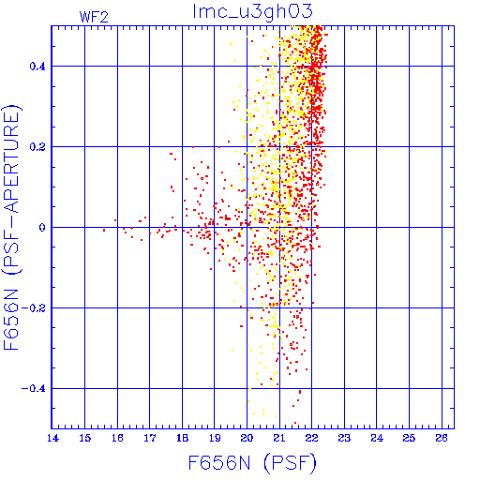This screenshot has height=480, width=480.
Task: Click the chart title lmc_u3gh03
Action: click(x=252, y=12)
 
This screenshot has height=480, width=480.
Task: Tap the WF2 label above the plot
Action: click(x=94, y=17)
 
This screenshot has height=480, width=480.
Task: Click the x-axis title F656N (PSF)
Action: click(x=252, y=463)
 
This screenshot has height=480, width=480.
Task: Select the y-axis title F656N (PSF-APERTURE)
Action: click(x=12, y=227)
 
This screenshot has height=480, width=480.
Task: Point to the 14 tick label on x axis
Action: click(x=52, y=438)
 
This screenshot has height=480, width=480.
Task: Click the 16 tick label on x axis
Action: click(x=117, y=438)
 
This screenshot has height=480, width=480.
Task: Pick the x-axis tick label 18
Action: click(x=182, y=438)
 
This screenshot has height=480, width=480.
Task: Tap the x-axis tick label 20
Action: click(x=247, y=438)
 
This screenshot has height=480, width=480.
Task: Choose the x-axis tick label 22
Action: click(x=311, y=438)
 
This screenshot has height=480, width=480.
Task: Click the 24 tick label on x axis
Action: click(x=377, y=438)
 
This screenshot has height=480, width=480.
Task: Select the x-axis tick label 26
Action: click(x=442, y=438)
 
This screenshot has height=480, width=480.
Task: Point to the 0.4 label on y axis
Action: click(x=37, y=67)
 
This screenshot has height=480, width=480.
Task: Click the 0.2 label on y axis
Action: click(x=37, y=147)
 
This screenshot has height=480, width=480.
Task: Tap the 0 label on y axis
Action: click(x=42, y=228)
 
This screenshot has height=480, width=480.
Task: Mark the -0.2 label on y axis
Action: click(x=33, y=308)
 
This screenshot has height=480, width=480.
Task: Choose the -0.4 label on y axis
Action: click(x=33, y=389)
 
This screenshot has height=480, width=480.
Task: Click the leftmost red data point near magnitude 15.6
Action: click(x=104, y=231)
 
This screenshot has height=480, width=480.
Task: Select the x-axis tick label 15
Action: click(x=85, y=438)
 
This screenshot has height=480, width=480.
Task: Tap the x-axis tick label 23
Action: click(x=344, y=438)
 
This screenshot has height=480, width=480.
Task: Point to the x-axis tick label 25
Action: click(x=409, y=438)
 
